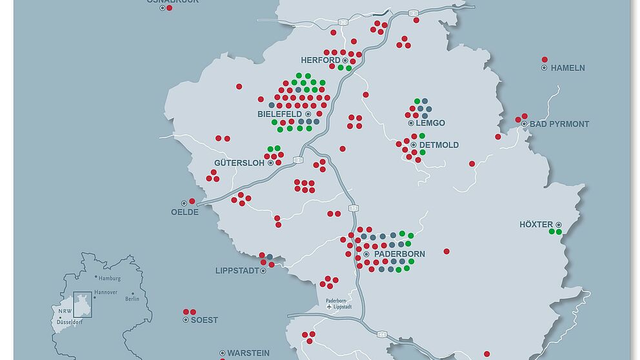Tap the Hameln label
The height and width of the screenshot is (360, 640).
(568, 68)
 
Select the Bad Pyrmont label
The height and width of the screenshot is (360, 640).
(559, 124)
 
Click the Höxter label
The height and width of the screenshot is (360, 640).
(536, 225)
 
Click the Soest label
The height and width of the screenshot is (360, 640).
(205, 320)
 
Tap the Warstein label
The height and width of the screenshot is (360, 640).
(248, 354)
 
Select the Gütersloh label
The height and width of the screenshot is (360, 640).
(239, 163)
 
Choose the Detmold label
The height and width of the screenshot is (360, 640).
(439, 145)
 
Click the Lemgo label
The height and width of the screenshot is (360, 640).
(430, 123)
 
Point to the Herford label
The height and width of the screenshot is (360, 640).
(321, 61)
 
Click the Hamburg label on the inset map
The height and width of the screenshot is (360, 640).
(110, 279)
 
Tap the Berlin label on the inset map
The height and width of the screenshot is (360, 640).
(132, 299)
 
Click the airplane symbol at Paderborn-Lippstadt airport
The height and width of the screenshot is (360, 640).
(330, 307)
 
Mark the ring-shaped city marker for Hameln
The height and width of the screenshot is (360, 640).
(544, 68)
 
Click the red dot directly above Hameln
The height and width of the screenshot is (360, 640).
(545, 59)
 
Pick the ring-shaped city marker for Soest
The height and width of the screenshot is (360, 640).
(185, 320)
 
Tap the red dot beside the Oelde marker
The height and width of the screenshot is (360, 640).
(192, 201)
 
